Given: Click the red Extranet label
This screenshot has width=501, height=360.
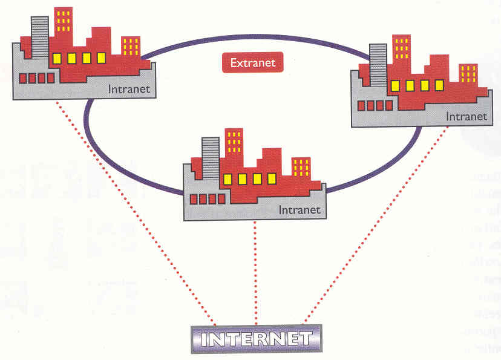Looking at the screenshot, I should tap(253, 62).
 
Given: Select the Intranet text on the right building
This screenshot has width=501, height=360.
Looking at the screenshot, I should tap(466, 116).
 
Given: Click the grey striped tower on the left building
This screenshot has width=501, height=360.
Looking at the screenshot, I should tap(40, 37).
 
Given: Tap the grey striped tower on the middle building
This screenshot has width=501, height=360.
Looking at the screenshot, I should tap(211, 158).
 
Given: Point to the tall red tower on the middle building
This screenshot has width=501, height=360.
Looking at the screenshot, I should tap(234, 148).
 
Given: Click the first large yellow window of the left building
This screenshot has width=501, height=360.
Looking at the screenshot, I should tap(57, 59).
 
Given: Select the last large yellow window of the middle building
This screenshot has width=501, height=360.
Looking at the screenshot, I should tap(272, 178).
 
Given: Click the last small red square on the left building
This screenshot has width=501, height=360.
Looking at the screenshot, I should tap(51, 78).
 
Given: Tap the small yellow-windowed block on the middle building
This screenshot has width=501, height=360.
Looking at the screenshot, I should tap(301, 168).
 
